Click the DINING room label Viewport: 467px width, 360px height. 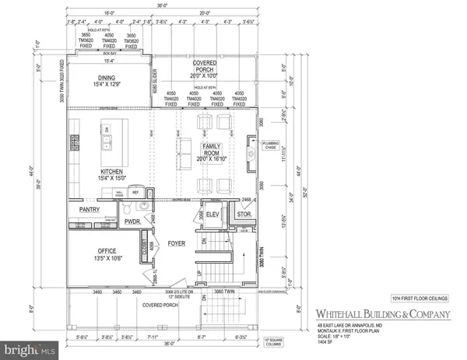107,77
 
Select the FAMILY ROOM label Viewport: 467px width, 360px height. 212,147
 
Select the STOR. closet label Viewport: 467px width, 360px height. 244,215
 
